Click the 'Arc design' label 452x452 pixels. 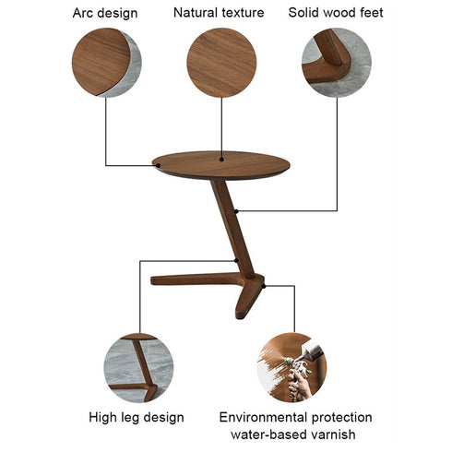[x=104, y=13]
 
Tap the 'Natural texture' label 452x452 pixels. [x=219, y=13]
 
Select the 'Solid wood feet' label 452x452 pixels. [x=336, y=13]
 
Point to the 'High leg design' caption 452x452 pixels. [x=137, y=418]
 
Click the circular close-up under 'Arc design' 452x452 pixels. [x=106, y=63]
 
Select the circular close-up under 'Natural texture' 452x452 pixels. [x=221, y=63]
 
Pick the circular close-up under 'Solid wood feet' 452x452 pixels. [x=336, y=63]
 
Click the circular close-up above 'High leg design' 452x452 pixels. [x=138, y=367]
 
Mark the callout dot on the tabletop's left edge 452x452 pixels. [x=157, y=166]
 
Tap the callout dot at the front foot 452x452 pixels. [x=264, y=287]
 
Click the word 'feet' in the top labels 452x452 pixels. [x=369, y=13]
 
